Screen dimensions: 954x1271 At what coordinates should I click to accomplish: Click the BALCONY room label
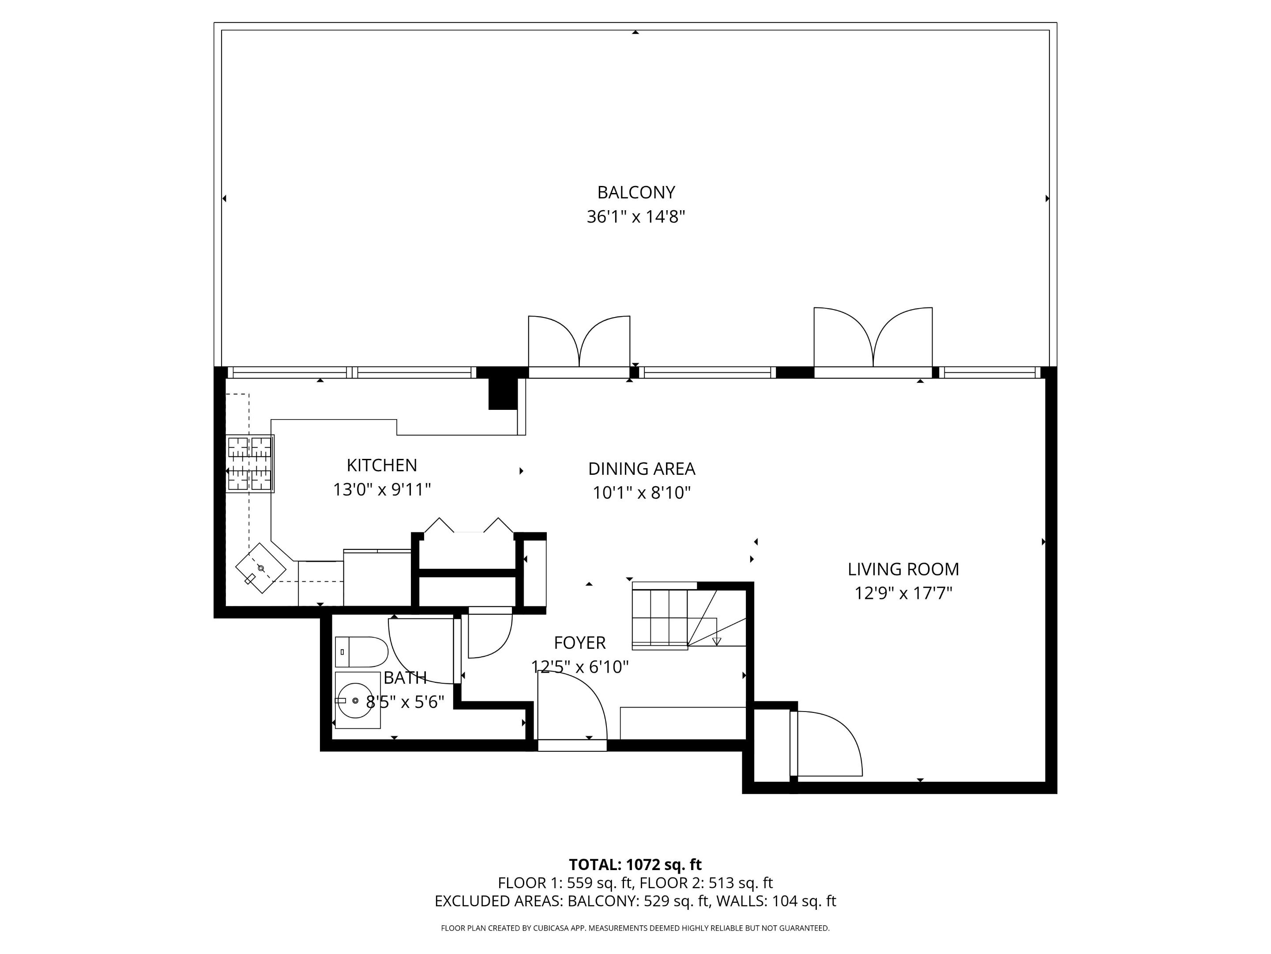[635, 192]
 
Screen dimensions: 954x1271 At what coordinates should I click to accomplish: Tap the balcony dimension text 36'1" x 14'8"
[635, 217]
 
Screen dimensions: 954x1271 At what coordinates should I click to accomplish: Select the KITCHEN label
[382, 465]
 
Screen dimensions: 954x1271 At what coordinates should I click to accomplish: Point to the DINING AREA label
[641, 469]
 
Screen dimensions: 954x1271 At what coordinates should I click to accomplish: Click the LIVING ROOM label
[902, 569]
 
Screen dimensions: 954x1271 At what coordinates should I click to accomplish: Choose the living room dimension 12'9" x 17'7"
[902, 593]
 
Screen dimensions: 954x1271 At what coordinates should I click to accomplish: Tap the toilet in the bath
[361, 651]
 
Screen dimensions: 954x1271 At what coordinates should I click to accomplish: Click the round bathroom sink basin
[355, 700]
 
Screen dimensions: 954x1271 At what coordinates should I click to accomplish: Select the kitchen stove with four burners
[250, 463]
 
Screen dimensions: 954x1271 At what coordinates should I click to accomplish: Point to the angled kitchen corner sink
[261, 568]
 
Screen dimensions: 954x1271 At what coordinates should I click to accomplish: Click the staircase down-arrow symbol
[716, 641]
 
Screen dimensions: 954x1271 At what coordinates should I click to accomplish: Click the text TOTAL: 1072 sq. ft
[635, 864]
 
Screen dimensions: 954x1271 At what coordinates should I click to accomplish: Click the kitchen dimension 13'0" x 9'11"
[382, 489]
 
